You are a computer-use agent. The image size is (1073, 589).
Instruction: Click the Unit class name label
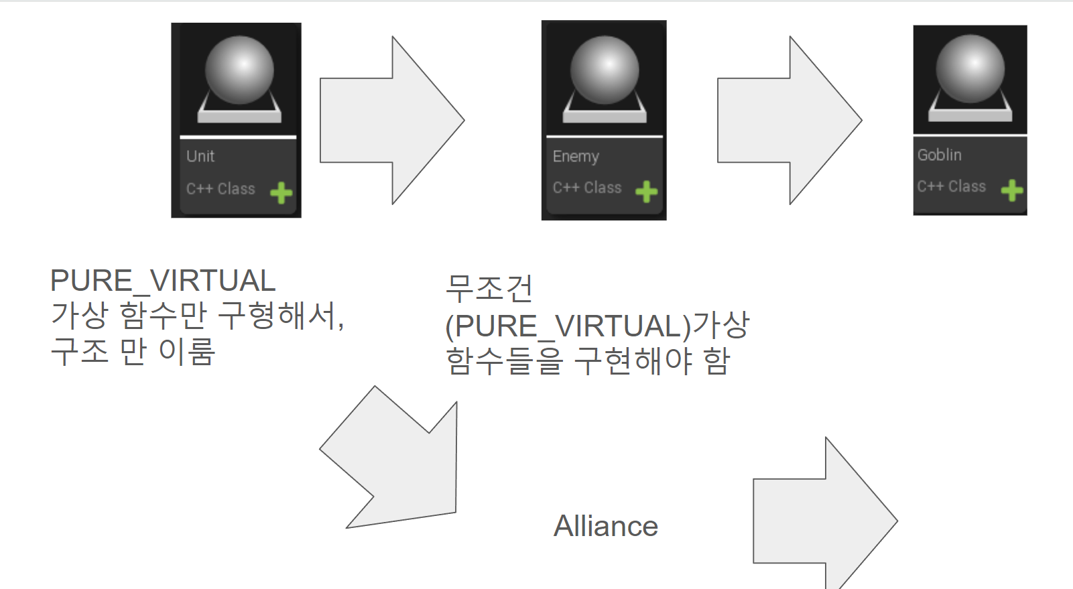(x=200, y=156)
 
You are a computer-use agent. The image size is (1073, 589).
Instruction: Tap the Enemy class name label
(x=576, y=156)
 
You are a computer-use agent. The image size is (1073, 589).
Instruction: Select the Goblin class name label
(x=940, y=155)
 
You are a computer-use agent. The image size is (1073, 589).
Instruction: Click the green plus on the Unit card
(x=281, y=193)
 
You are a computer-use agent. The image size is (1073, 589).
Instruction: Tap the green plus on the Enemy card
(x=646, y=192)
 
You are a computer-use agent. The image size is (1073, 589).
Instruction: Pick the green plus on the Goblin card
(x=1012, y=190)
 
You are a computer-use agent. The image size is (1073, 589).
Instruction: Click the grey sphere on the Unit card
(x=239, y=70)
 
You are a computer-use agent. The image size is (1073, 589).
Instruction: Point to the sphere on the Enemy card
(x=605, y=70)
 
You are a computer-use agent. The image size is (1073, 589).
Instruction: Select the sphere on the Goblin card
(x=970, y=69)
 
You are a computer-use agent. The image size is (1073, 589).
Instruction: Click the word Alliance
(x=606, y=526)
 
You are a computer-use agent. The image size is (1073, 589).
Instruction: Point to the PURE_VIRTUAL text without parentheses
(x=163, y=281)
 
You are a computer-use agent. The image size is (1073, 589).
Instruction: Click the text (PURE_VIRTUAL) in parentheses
(x=568, y=326)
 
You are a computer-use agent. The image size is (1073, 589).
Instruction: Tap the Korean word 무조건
(x=489, y=288)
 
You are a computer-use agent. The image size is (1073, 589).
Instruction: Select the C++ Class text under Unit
(x=220, y=189)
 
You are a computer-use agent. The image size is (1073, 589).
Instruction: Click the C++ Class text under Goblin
(x=952, y=186)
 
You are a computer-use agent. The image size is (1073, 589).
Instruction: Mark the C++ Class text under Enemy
(x=587, y=188)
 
